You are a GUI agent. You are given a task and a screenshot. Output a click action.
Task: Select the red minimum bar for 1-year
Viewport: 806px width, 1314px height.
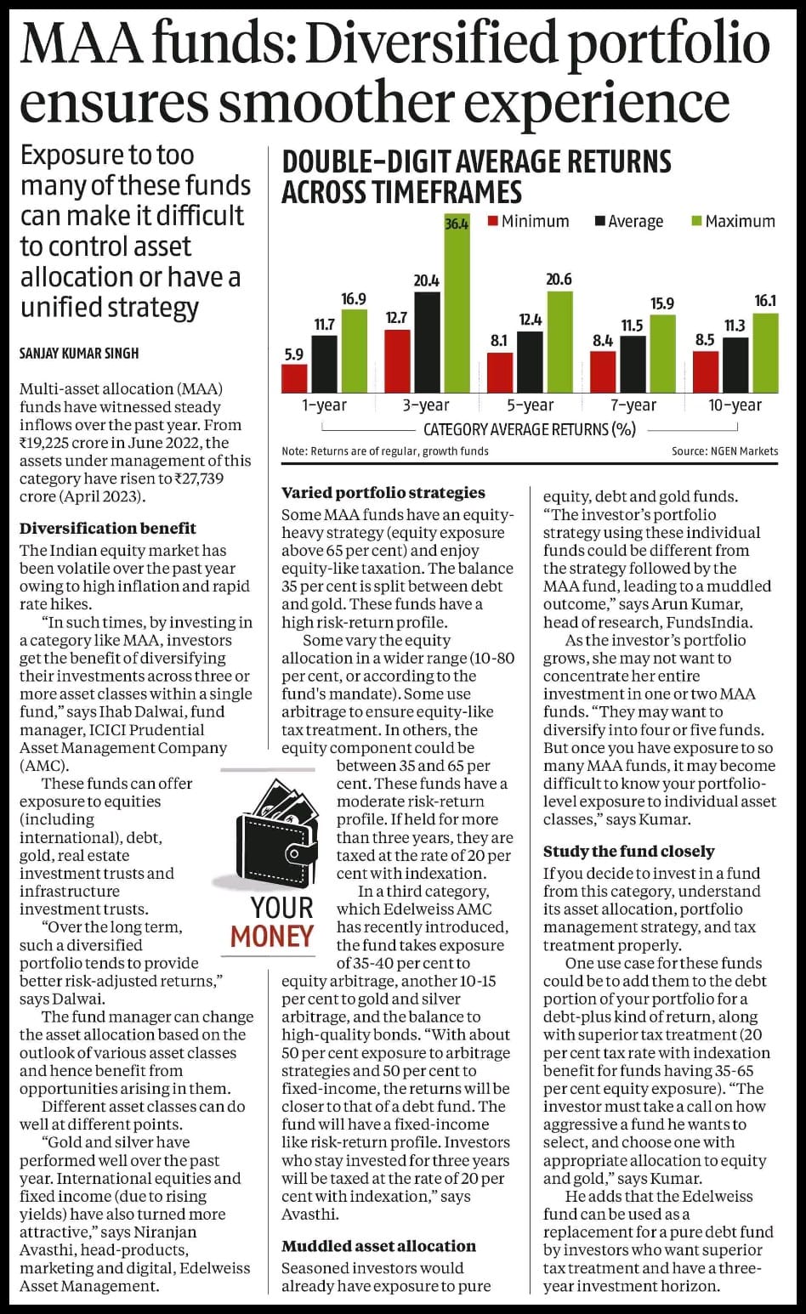[294, 378]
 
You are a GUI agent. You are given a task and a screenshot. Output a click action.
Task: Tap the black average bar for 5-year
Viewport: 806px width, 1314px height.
[530, 362]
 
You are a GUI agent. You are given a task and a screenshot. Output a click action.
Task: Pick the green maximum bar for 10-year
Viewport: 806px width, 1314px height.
[765, 353]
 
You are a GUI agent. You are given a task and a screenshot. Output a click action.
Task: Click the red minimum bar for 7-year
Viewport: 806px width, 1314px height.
[603, 372]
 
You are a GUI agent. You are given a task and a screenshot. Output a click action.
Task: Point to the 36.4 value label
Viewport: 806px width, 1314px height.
[457, 224]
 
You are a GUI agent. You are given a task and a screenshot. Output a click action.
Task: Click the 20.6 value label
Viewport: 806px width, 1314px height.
[559, 280]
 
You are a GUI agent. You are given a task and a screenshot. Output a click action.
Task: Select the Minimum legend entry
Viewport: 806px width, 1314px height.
[529, 221]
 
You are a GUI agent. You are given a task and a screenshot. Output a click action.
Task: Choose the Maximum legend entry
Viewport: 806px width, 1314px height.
[734, 221]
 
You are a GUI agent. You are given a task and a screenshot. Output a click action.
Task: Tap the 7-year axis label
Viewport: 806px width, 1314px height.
[633, 405]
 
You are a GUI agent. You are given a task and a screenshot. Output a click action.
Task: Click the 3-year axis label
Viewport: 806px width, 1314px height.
[426, 405]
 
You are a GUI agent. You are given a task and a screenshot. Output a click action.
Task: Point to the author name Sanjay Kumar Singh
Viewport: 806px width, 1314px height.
[79, 353]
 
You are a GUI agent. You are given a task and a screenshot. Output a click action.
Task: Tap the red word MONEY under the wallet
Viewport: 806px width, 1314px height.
[272, 937]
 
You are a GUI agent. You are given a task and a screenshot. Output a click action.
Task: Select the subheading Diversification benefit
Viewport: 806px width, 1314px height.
[108, 529]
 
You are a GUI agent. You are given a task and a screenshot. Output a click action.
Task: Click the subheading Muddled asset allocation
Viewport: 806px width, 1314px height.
[378, 1246]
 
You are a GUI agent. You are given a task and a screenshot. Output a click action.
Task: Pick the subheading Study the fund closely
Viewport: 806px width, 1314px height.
[629, 851]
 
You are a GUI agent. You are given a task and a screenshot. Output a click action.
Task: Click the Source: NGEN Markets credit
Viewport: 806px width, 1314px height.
[725, 451]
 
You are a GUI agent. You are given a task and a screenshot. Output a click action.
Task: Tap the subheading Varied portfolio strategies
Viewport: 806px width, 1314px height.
[383, 493]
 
